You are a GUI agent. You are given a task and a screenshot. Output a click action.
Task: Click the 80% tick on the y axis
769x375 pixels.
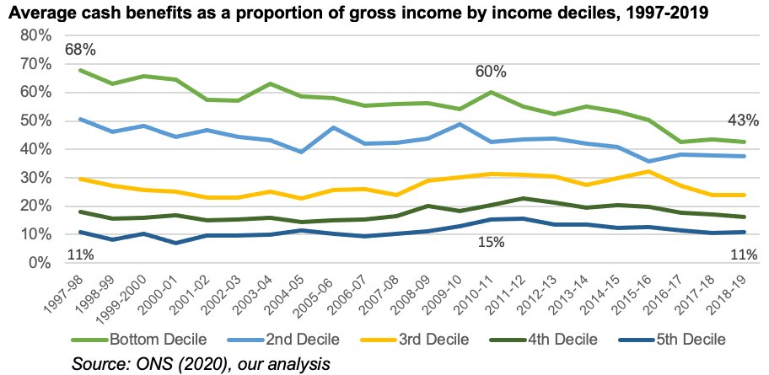(35, 35)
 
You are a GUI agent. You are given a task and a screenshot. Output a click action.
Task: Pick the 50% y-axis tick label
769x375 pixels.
(35, 121)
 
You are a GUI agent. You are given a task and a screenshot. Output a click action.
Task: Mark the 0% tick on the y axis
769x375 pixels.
(39, 263)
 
